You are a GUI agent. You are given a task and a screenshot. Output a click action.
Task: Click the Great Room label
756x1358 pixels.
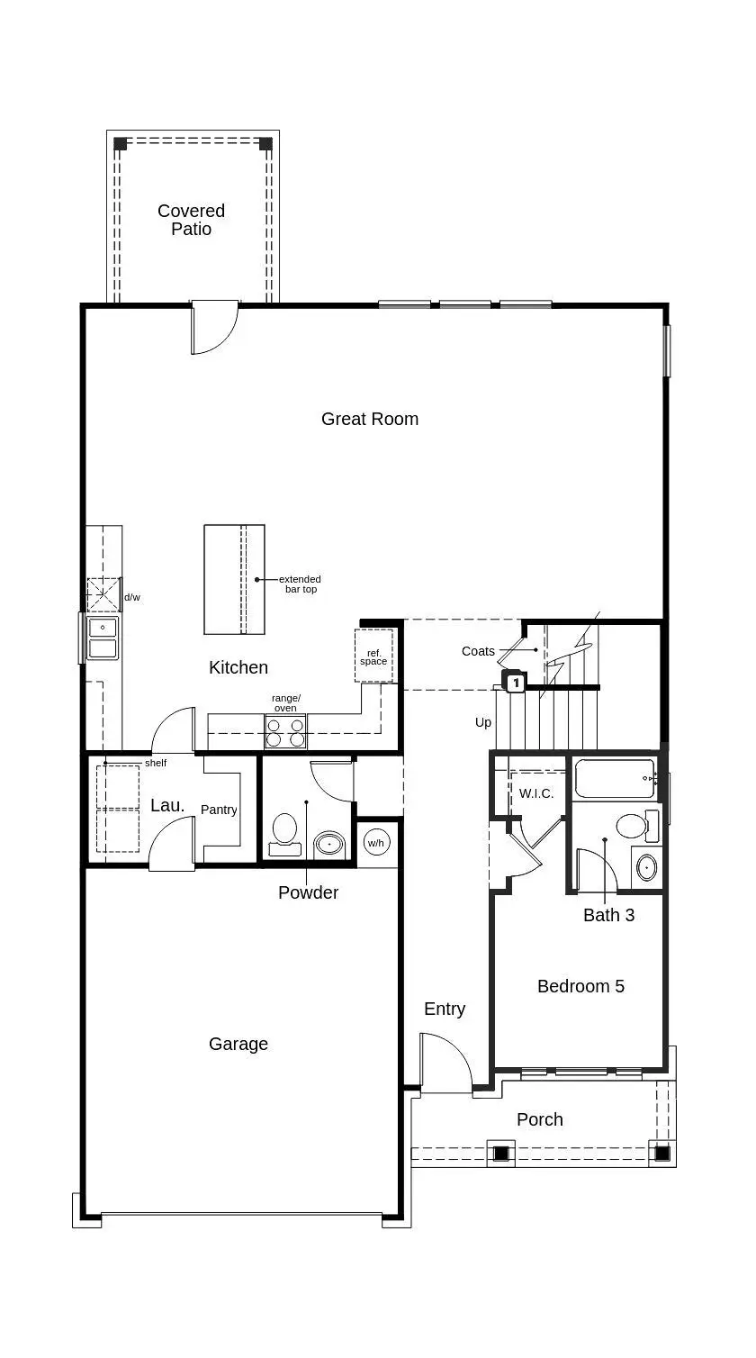tap(370, 419)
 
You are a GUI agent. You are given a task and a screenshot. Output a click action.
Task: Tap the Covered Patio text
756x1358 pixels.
tap(191, 220)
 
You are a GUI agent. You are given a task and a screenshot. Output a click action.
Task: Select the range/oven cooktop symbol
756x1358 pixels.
tap(285, 732)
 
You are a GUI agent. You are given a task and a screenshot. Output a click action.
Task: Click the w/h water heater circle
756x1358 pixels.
tap(376, 843)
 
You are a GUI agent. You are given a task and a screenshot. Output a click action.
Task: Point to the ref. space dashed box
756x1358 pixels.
tap(373, 656)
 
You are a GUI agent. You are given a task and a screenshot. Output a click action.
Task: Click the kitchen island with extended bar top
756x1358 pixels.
tap(234, 580)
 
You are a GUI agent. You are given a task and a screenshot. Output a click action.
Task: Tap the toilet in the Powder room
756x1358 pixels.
tap(284, 835)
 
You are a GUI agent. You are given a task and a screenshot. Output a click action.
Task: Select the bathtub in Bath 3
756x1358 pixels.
tap(615, 779)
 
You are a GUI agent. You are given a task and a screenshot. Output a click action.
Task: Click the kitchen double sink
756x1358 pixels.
tap(103, 638)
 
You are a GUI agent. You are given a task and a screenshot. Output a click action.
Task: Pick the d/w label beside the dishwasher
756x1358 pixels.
tap(132, 598)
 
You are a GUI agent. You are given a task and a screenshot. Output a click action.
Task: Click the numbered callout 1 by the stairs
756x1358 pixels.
tap(516, 684)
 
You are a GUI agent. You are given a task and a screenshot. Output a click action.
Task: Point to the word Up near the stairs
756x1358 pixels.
tap(482, 722)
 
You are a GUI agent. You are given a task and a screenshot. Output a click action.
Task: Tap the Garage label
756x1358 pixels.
tap(238, 1044)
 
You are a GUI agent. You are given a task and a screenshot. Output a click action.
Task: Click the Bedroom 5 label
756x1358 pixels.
tap(580, 986)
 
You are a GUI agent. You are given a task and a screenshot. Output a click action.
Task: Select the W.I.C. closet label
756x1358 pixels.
tap(536, 793)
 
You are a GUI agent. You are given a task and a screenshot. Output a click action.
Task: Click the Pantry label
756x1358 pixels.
tap(219, 810)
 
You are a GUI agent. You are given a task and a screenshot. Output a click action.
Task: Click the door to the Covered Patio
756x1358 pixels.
tap(214, 328)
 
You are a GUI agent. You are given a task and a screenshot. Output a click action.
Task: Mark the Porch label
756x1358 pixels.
tap(540, 1119)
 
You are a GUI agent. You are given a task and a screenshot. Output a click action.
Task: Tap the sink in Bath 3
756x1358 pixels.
tap(646, 868)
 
